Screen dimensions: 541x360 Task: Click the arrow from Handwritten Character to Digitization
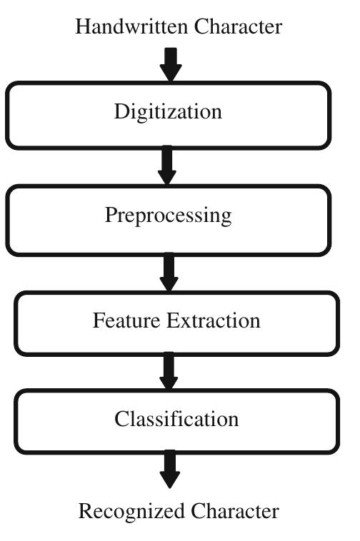(170, 64)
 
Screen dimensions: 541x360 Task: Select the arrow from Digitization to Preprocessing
(169, 166)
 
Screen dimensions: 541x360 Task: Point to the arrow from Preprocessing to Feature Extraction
(169, 272)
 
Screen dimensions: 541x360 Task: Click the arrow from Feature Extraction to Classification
(169, 371)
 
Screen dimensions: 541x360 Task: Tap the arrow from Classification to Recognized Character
(169, 470)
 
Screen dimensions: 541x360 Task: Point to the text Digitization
(169, 112)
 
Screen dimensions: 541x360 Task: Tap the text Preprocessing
(169, 216)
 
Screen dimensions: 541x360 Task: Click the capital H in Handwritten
(81, 27)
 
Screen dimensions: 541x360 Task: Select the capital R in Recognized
(84, 511)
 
